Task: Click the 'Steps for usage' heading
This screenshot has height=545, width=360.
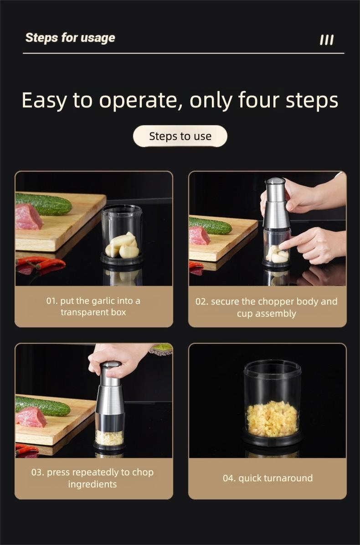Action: click(70, 38)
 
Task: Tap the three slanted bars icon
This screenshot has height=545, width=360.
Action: click(326, 40)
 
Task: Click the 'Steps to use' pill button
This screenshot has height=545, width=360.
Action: click(180, 136)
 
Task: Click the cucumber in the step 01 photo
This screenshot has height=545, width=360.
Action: click(44, 204)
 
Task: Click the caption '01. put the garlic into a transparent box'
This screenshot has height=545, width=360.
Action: click(93, 306)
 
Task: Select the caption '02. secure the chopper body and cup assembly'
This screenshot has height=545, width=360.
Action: click(267, 307)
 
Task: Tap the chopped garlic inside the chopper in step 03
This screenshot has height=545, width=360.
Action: click(109, 438)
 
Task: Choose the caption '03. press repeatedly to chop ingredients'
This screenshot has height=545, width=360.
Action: click(93, 478)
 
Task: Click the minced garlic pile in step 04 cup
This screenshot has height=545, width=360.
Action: click(272, 418)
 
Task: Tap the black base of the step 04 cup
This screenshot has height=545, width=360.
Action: click(272, 440)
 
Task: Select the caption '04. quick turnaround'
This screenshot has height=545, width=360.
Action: click(267, 478)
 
